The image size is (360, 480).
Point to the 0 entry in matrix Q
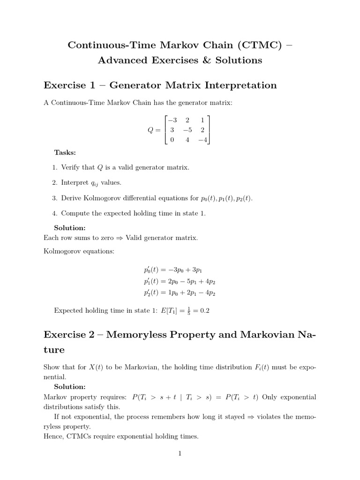pyautogui.click(x=172, y=140)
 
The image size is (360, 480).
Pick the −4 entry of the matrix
pyautogui.click(x=202, y=140)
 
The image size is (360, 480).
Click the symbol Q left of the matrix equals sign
pyautogui.click(x=150, y=130)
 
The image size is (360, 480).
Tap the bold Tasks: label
pyautogui.click(x=65, y=152)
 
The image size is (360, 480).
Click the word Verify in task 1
pyautogui.click(x=71, y=167)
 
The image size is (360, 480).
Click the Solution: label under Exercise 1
pyautogui.click(x=70, y=228)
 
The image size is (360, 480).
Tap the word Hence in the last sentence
pyautogui.click(x=52, y=436)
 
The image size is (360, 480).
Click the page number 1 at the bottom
pyautogui.click(x=180, y=453)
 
